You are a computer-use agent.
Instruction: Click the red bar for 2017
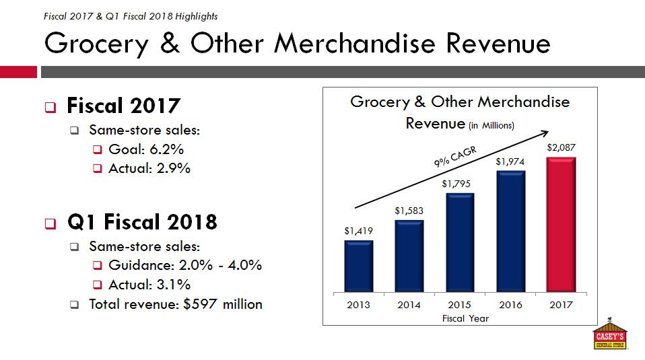(561, 225)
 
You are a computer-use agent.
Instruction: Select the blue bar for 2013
(359, 266)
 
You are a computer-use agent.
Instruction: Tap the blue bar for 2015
(460, 243)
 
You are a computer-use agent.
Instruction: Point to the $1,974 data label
(510, 161)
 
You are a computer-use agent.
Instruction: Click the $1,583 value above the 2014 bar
(409, 211)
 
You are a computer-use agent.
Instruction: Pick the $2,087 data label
(561, 147)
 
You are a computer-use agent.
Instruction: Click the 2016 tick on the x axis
(510, 305)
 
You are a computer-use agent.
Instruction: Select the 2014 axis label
(409, 305)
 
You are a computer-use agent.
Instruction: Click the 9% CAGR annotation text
(454, 157)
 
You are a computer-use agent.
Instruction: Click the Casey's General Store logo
(609, 334)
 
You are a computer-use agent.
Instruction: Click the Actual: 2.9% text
(149, 168)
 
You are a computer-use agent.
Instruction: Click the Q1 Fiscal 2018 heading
(142, 223)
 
